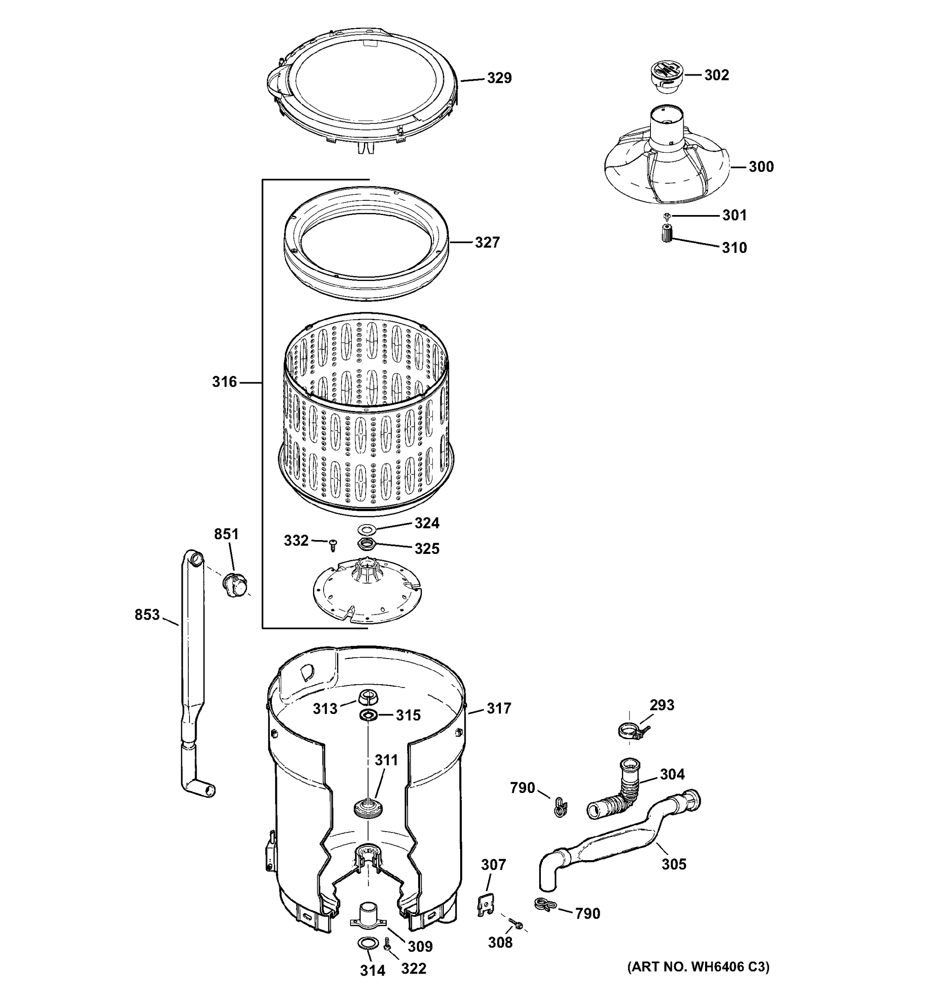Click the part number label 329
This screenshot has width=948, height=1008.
click(x=499, y=78)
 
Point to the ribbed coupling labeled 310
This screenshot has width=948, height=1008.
click(x=667, y=235)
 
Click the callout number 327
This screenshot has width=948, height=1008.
click(x=487, y=242)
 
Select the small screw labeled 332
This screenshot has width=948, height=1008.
click(x=333, y=546)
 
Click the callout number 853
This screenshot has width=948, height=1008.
click(x=147, y=614)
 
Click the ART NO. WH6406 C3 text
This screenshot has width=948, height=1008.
click(x=698, y=967)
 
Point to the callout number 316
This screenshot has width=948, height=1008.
click(x=224, y=382)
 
